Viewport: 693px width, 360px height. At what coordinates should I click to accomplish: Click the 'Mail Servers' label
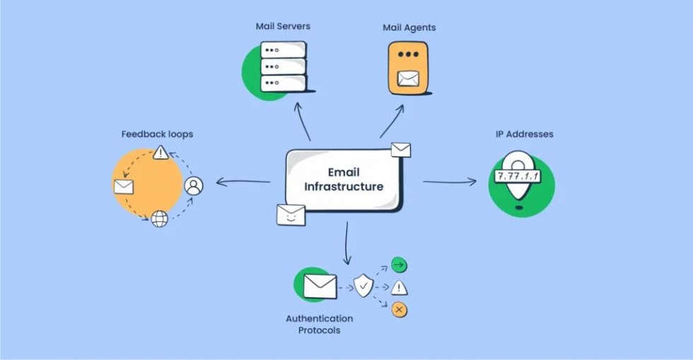coord(283,26)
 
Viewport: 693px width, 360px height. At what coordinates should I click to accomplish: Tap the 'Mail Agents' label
coord(409,28)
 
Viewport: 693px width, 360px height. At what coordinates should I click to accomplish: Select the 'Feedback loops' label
coord(157,134)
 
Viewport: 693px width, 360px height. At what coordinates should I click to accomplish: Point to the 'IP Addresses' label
coord(524,134)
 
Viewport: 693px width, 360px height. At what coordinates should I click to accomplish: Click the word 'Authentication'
coord(319,318)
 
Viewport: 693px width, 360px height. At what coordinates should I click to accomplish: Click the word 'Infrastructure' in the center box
coord(344,187)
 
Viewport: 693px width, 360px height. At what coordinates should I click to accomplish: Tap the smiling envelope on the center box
coord(291,215)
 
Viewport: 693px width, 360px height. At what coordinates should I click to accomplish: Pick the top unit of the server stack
coord(284,50)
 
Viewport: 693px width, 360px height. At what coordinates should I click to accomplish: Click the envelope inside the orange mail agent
coord(408,79)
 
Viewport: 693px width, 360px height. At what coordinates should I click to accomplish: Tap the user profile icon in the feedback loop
coord(194,186)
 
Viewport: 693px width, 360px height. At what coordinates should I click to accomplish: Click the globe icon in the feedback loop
coord(160,219)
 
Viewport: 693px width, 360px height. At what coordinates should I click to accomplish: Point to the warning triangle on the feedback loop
coord(161,153)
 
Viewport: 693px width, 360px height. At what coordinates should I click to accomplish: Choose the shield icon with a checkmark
coord(363,286)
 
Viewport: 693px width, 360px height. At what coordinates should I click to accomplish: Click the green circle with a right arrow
coord(399,265)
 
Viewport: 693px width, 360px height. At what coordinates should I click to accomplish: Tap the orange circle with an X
coord(399,310)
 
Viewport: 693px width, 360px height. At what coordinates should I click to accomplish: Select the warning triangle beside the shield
coord(399,288)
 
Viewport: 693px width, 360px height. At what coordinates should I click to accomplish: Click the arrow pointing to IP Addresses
coord(450,181)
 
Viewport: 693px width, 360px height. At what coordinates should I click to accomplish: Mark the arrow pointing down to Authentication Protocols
coord(347,243)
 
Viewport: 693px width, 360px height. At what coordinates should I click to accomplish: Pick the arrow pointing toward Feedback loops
coord(243,181)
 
